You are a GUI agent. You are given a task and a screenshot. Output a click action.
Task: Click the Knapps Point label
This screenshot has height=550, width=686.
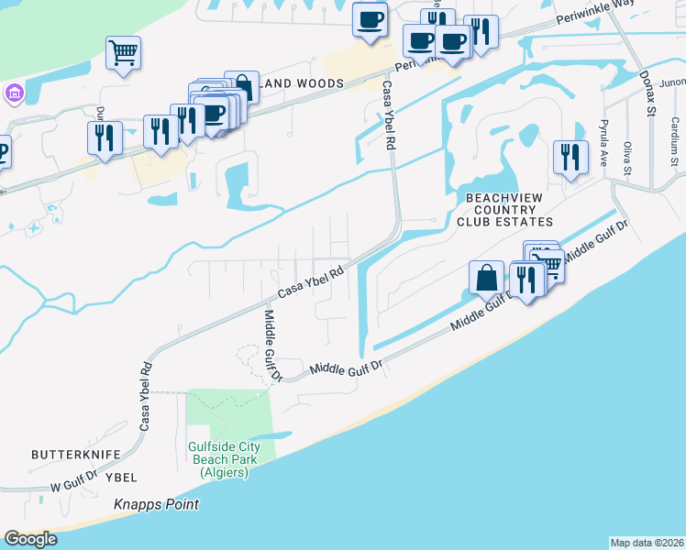156,505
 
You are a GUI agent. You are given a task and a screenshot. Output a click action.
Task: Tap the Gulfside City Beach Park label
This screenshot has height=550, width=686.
224,459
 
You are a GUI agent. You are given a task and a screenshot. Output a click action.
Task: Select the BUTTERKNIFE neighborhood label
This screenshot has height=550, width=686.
71,454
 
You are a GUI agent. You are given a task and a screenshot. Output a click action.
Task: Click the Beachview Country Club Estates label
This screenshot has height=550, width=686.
509,210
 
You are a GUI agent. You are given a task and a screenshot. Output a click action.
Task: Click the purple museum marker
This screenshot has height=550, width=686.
14,94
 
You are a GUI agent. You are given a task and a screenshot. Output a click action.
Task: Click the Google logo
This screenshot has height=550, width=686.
30,539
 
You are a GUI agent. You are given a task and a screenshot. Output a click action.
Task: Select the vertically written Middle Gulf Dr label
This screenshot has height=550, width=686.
273,344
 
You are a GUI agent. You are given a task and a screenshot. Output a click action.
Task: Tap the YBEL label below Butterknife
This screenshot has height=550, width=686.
120,478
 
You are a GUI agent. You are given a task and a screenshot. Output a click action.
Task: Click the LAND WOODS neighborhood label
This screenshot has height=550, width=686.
305,83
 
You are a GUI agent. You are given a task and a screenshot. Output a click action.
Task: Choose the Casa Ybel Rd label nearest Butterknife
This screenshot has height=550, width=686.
146,399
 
